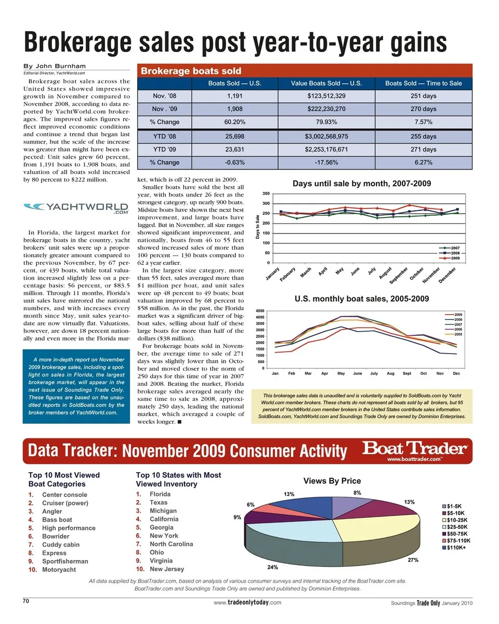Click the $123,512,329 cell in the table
(326, 96)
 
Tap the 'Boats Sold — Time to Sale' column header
(423, 83)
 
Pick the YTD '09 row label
(164, 149)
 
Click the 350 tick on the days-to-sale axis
(265, 193)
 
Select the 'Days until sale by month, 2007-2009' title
(362, 184)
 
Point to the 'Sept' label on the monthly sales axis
(406, 373)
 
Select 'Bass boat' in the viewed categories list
(57, 519)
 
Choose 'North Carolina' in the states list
(171, 544)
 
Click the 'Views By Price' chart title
(332, 481)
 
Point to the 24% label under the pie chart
(272, 567)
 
